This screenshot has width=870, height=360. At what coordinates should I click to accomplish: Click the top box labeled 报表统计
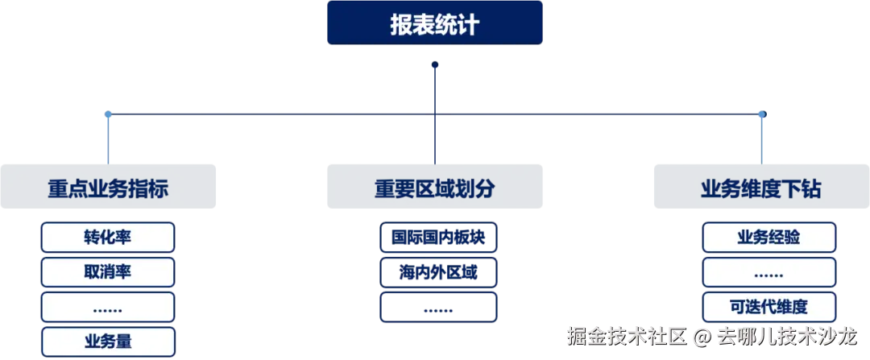435,23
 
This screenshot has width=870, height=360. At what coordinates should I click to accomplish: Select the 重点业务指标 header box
109,188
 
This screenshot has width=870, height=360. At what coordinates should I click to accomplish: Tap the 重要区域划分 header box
434,188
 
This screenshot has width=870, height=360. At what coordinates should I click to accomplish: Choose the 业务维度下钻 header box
760,188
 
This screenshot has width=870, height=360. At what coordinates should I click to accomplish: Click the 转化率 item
107,238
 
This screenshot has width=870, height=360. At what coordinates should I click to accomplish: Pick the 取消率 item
107,272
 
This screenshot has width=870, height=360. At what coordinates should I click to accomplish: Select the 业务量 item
107,341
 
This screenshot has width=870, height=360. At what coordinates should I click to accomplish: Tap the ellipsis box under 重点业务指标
107,308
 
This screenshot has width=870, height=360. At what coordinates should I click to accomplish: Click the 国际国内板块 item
437,238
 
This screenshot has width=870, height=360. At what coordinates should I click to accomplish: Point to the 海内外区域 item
437,272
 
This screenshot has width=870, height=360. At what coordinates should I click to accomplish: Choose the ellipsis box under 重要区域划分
437,308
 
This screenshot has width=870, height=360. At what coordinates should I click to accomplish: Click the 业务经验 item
768,238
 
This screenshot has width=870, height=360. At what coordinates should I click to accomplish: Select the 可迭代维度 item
768,307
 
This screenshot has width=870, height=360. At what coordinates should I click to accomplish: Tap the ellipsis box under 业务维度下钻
768,272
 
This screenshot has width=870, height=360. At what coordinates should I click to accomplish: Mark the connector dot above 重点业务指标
108,116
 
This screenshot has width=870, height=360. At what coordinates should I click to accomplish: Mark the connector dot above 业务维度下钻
761,116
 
